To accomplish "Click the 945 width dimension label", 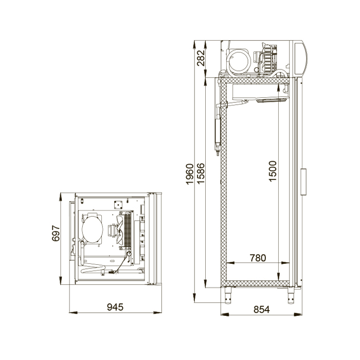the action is pyautogui.click(x=115, y=307).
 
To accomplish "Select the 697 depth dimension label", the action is pyautogui.click(x=56, y=233).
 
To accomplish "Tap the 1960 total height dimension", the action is pyautogui.click(x=190, y=174).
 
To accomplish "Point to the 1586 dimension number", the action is pyautogui.click(x=201, y=173).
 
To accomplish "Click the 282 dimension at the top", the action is pyautogui.click(x=201, y=58).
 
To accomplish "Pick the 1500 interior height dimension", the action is pyautogui.click(x=273, y=171).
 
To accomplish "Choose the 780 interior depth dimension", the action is pyautogui.click(x=258, y=258).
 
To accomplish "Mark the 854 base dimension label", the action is pyautogui.click(x=261, y=310).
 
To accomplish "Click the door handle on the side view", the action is pyautogui.click(x=303, y=182).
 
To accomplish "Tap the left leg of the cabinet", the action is pyautogui.click(x=228, y=295).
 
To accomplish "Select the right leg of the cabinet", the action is pyautogui.click(x=291, y=295).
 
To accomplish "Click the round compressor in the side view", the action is pyautogui.click(x=239, y=61).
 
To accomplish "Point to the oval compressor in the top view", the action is pyautogui.click(x=93, y=228).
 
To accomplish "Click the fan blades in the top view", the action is pyautogui.click(x=120, y=230).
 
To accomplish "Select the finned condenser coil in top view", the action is pyautogui.click(x=128, y=229).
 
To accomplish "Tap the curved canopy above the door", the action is pyautogui.click(x=300, y=58).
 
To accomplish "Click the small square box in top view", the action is pyautogui.click(x=118, y=205).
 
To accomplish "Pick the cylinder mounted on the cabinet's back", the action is pyautogui.click(x=217, y=131).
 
